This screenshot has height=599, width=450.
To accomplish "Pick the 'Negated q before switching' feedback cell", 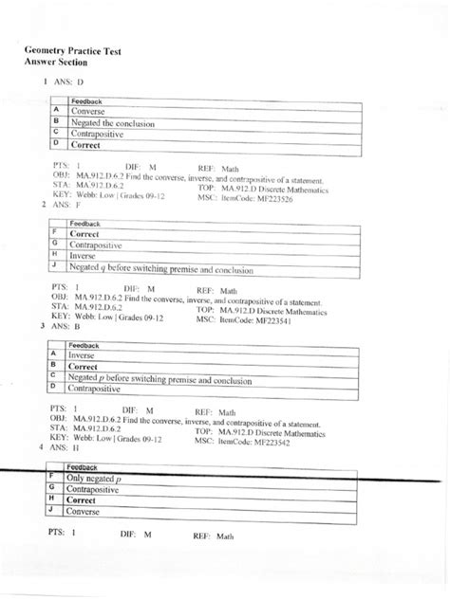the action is [161, 270].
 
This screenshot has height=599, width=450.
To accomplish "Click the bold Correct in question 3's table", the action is [84, 365].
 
